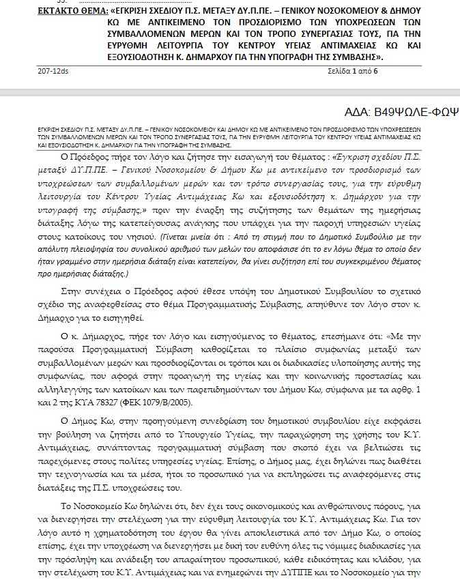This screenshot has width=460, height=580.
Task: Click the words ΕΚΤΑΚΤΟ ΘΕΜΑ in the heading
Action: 71,12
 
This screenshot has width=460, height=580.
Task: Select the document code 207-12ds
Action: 53,71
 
